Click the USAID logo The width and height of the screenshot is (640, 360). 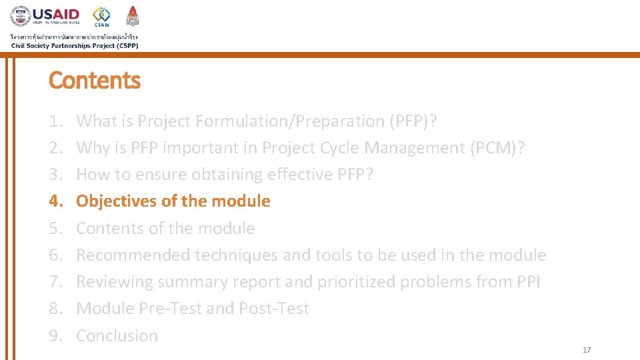45,15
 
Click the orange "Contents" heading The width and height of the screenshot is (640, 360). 95,81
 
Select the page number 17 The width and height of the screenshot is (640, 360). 587,350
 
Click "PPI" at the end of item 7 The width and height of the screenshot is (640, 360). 528,282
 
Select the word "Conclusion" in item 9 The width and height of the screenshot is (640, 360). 117,336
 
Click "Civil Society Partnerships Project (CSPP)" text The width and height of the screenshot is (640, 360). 75,45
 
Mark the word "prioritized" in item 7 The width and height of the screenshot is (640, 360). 357,282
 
